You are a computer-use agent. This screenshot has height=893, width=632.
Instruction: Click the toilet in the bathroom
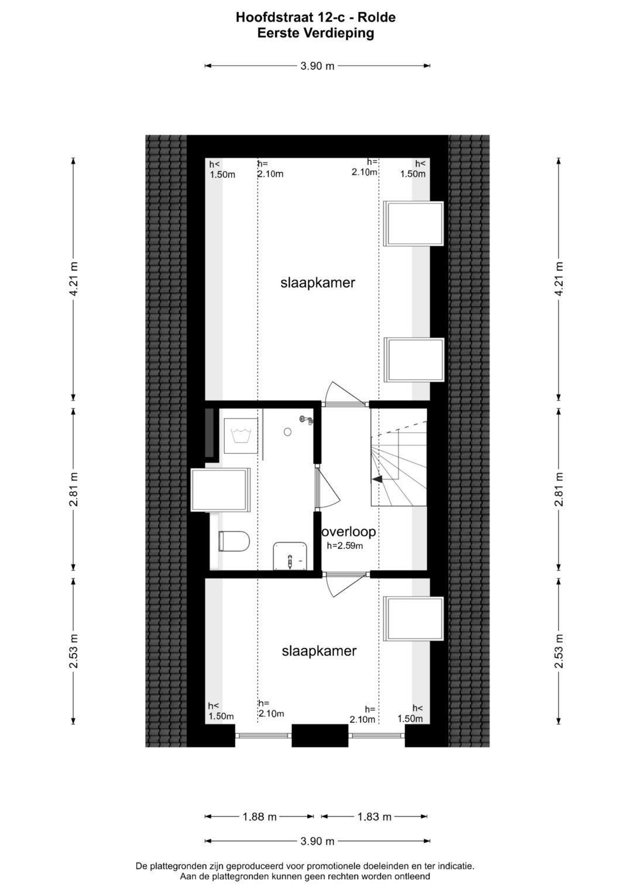coord(235,541)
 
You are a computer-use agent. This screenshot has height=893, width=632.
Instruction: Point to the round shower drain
coord(287,432)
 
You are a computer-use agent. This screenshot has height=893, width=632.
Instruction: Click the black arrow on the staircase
coord(377,478)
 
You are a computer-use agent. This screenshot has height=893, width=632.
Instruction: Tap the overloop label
coord(349,532)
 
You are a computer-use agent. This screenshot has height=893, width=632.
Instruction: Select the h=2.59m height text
coord(345,546)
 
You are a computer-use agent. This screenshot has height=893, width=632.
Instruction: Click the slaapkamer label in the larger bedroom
coord(318,283)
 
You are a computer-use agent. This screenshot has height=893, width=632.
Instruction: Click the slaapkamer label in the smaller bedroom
coord(319,651)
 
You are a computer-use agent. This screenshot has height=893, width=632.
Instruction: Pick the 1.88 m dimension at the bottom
coord(259,817)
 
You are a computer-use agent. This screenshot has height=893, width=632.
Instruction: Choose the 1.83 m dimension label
coord(374,817)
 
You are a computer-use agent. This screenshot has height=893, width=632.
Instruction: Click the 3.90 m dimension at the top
coord(317,66)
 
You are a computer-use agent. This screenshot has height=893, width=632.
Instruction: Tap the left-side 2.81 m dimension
coord(73,489)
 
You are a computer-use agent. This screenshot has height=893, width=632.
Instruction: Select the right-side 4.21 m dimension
coord(559,279)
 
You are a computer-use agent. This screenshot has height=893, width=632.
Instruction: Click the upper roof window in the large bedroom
coord(414,223)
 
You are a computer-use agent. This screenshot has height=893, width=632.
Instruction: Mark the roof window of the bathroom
coord(221,490)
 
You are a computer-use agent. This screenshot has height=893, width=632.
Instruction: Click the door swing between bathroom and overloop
coord(328,489)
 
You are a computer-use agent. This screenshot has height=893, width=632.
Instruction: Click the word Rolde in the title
coord(380,18)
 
